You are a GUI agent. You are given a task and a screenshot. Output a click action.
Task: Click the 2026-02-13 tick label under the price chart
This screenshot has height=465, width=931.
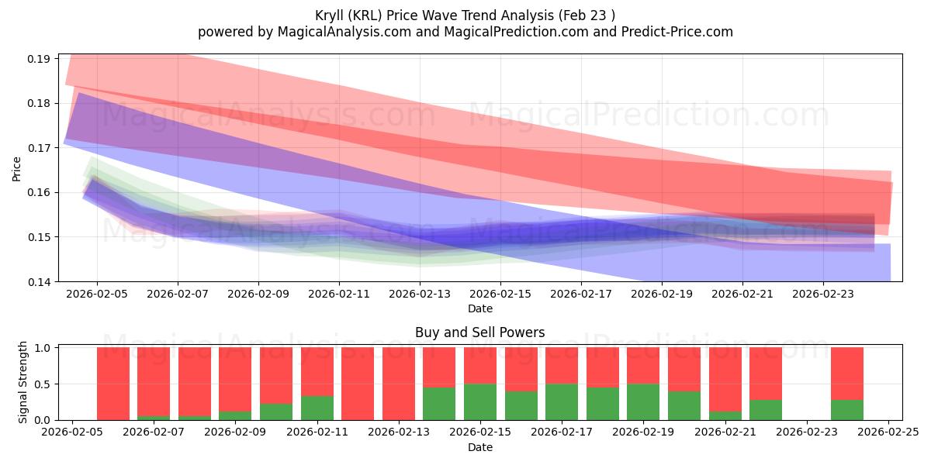point(420,294)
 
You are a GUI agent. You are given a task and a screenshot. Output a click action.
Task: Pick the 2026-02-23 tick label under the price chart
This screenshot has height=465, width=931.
point(823,294)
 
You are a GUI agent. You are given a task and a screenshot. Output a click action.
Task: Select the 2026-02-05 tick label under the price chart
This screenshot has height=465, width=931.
point(97,294)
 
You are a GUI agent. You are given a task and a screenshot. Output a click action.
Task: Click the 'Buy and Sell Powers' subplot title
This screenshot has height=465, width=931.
point(479,332)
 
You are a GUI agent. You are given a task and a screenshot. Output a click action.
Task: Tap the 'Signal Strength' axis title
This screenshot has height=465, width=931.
point(23,382)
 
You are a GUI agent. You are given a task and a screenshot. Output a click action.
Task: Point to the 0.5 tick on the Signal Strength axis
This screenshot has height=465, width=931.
point(42,384)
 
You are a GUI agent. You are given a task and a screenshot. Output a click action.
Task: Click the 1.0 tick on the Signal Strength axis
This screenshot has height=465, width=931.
point(42,348)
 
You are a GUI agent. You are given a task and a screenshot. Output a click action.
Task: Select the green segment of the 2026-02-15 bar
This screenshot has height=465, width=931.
point(480,401)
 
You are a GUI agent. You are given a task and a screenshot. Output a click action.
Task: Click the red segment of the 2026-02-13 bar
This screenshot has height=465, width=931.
point(399,383)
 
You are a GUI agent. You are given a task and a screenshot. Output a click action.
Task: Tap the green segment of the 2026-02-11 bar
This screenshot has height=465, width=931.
point(317,408)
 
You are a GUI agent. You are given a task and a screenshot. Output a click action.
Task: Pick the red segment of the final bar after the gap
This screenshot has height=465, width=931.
point(846,373)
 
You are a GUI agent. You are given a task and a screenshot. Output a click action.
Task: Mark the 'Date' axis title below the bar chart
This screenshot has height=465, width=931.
point(479,447)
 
